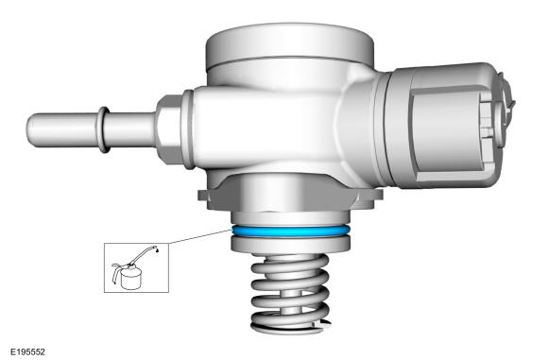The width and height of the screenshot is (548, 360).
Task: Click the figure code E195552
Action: click(27, 351)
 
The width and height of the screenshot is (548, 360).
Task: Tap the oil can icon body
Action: click(131, 280)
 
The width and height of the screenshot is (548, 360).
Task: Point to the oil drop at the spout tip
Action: click(157, 250)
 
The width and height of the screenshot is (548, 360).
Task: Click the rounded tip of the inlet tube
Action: click(31, 129)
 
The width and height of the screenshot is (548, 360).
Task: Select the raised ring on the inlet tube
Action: click(104, 129)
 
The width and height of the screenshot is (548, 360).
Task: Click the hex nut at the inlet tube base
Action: click(170, 129)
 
